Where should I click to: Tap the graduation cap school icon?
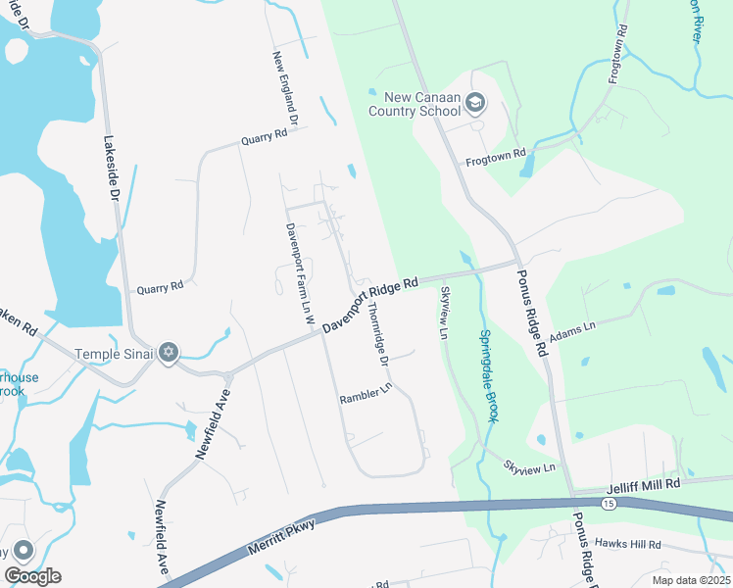(475, 102)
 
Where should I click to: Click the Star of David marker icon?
(169, 352)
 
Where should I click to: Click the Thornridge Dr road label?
(377, 333)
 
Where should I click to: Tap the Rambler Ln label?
(366, 399)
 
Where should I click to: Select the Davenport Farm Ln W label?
(292, 273)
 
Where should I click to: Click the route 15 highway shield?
(609, 503)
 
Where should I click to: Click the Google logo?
(32, 576)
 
